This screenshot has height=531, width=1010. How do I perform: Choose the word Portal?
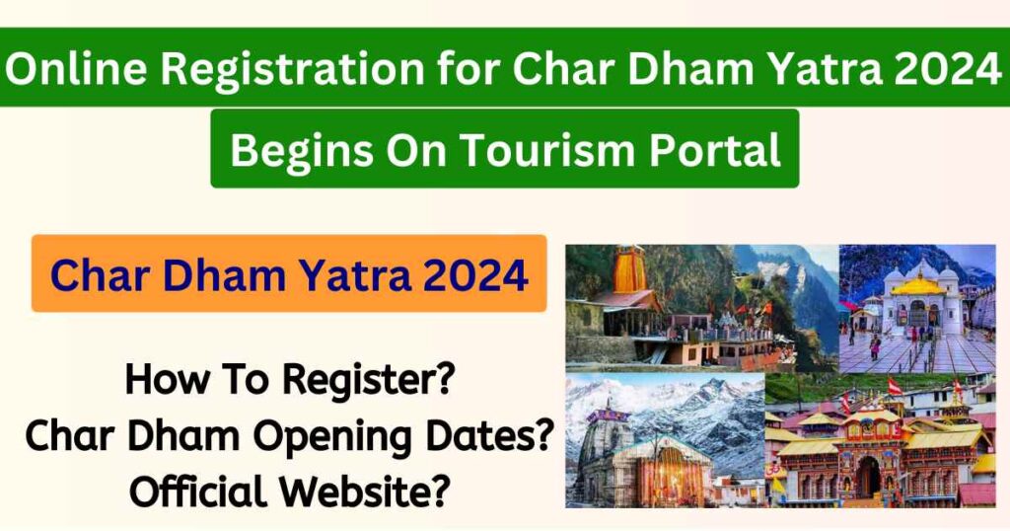pos(716,150)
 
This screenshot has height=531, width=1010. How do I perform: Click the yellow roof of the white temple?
pos(916,286)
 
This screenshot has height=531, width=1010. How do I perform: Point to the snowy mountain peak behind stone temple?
pos(690,395)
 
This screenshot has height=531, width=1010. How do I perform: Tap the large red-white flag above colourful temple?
pos(895,385)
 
